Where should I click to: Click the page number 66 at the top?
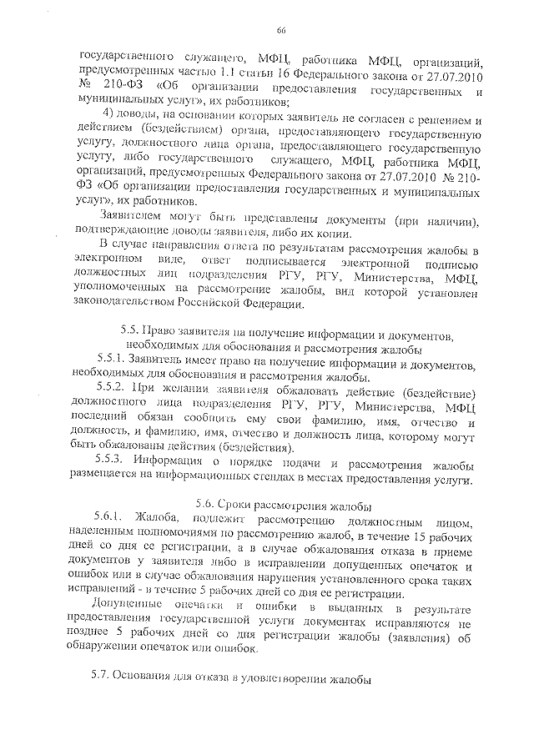point(281,31)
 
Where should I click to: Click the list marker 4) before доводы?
point(106,114)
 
